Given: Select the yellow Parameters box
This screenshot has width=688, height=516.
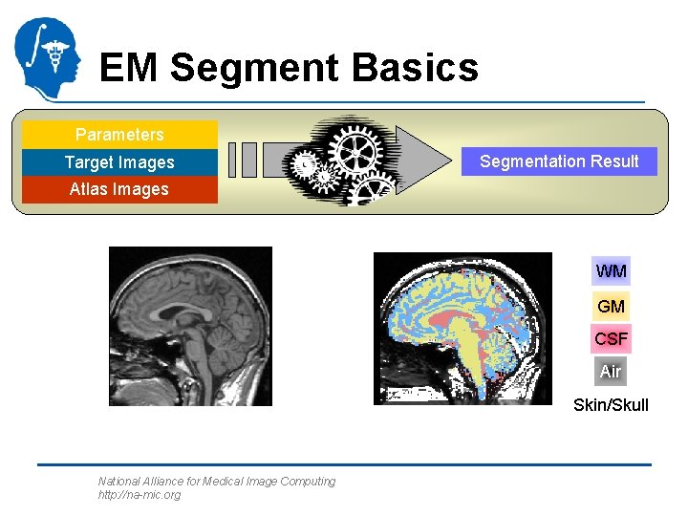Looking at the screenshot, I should tap(119, 135).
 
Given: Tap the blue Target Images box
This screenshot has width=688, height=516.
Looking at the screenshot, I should tap(119, 162).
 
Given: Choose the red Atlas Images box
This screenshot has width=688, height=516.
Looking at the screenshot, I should tap(119, 189).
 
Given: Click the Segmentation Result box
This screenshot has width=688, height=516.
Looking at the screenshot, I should tap(559, 161).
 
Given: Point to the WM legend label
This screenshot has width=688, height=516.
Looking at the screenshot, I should tap(611, 271).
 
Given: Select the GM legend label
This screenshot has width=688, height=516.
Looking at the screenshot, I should tap(611, 306).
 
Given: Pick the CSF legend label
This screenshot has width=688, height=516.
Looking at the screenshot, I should tap(611, 338).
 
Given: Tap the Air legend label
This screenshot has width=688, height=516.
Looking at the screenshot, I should tap(611, 371).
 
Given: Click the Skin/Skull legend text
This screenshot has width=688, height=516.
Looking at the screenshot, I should tap(611, 405).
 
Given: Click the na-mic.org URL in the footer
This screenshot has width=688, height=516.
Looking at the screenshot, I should tap(139, 495).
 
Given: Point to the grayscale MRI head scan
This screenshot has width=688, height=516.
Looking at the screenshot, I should tap(190, 326).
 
